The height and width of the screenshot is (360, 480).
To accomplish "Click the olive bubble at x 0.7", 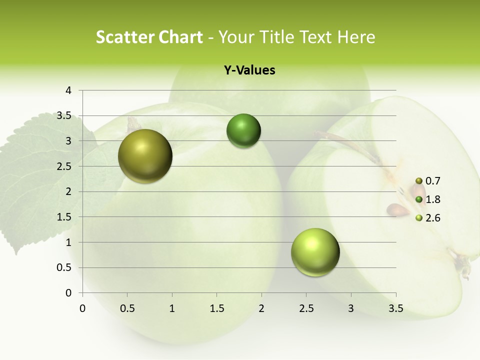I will (x=145, y=156).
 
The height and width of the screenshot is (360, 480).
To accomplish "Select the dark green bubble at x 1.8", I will (x=243, y=131).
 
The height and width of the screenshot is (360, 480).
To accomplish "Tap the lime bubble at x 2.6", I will (x=315, y=252).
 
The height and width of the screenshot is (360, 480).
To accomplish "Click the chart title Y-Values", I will (x=249, y=70).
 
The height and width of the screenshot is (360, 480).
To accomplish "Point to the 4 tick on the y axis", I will (x=68, y=90).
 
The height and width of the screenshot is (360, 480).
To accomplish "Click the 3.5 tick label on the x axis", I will (x=395, y=308).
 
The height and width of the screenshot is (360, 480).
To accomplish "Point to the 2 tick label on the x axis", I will (x=261, y=308).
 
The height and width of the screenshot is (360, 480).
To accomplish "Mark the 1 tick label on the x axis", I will (x=172, y=308).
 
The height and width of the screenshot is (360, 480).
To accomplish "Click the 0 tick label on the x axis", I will (x=82, y=308).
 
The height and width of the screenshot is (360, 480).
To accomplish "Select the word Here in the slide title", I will (x=356, y=37).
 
